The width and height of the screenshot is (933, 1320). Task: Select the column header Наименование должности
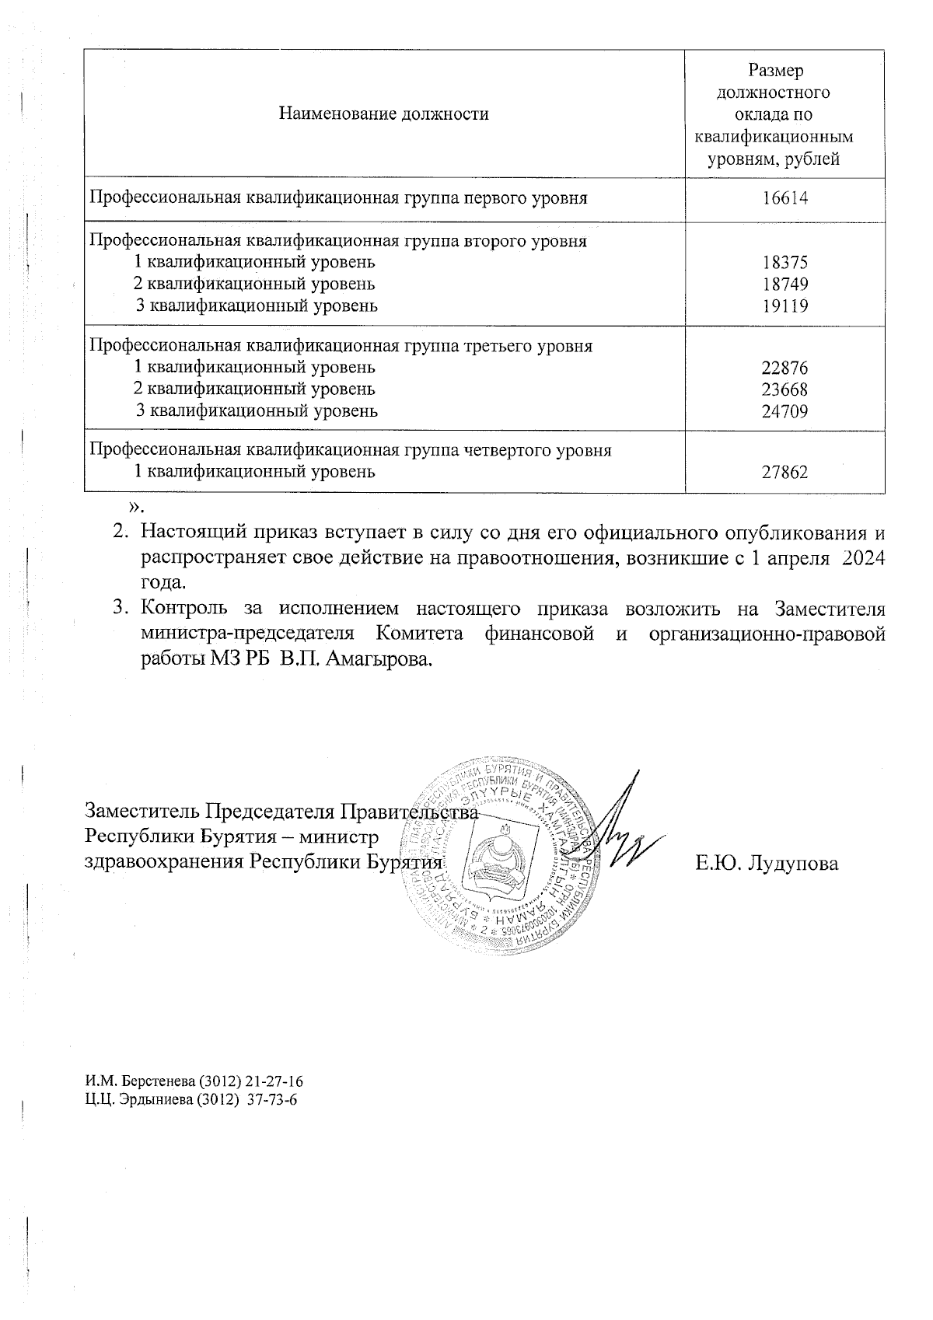tap(384, 115)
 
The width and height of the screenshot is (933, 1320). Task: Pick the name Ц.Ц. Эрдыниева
tap(138, 1100)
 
